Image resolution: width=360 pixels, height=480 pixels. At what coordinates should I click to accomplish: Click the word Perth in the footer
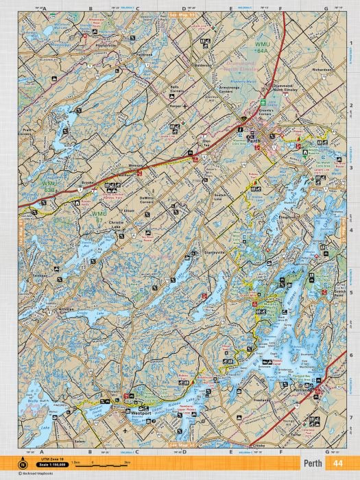314,464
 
